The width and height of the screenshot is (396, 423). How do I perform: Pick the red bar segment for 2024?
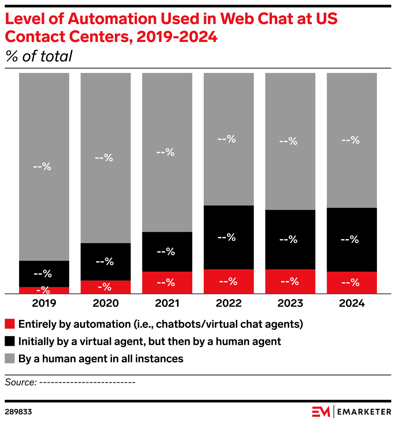[351, 283]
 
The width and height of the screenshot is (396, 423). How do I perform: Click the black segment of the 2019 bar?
[44, 274]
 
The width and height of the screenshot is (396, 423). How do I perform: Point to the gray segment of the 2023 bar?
[290, 141]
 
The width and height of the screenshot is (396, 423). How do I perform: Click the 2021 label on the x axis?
[167, 303]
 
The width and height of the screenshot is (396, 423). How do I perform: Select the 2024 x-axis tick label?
[351, 303]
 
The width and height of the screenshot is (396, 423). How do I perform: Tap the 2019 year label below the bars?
[44, 303]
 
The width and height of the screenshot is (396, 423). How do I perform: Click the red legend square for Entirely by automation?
[10, 324]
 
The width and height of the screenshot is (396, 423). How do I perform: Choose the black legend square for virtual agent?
[10, 341]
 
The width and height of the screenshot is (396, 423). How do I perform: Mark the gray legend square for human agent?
[10, 358]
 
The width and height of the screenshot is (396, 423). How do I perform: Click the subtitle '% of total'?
[39, 57]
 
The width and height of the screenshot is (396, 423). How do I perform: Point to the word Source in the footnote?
[20, 382]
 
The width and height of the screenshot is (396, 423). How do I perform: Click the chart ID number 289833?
[18, 412]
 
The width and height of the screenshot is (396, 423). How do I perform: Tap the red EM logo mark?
[321, 412]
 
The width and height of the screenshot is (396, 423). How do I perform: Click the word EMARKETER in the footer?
[364, 412]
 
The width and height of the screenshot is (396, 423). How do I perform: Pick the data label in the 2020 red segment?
[105, 287]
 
